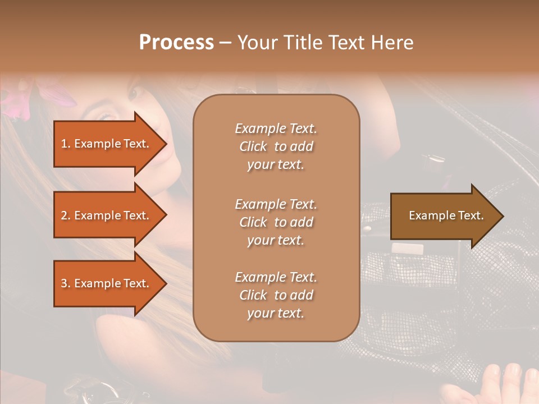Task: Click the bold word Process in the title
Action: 176,43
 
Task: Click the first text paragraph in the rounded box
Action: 276,146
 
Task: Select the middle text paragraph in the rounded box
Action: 276,222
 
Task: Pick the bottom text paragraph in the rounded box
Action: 276,295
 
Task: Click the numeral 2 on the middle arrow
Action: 63,215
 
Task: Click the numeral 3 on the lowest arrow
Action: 63,283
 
